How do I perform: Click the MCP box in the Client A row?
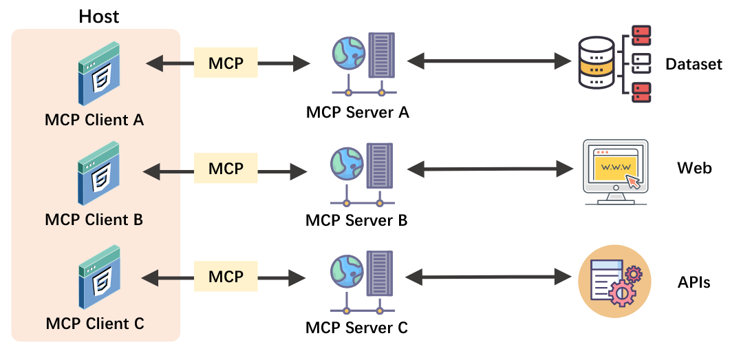(226, 63)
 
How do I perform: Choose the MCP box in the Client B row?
(226, 168)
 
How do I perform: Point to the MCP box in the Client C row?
(226, 276)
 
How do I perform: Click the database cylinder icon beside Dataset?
(596, 63)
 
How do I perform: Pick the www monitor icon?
(616, 171)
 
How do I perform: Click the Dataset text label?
(694, 64)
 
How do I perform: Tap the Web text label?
(694, 168)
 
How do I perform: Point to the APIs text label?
(694, 282)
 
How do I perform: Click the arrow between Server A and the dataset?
(490, 62)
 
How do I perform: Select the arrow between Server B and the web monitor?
(490, 168)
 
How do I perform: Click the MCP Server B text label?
(356, 220)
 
